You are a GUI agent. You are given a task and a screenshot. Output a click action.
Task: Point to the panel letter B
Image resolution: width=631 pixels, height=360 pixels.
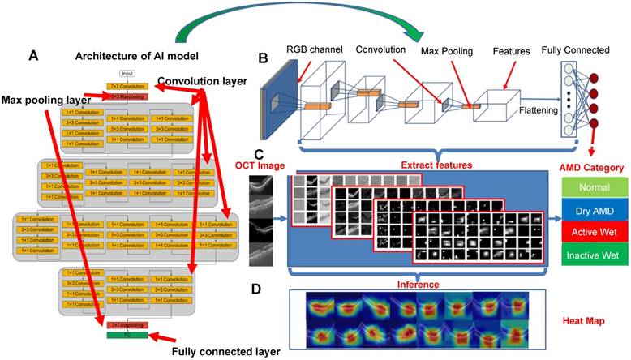[x=264, y=58]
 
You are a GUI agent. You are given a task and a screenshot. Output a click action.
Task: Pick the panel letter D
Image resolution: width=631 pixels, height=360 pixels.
[x=257, y=289]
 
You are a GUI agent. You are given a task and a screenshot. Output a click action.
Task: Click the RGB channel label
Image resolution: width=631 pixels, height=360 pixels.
[x=309, y=49]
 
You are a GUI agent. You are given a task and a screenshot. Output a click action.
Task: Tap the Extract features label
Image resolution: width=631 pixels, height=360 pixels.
[x=435, y=165]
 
